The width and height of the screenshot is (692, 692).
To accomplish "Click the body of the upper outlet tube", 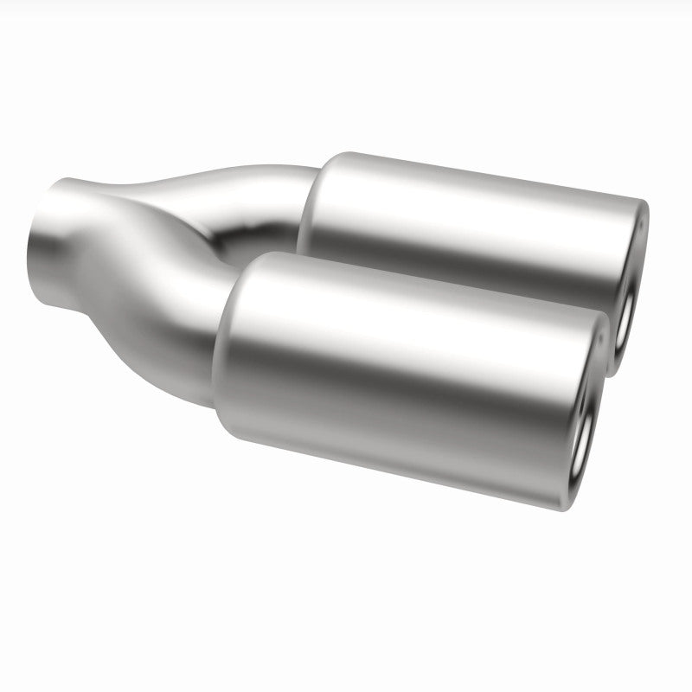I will pos(467,216).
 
